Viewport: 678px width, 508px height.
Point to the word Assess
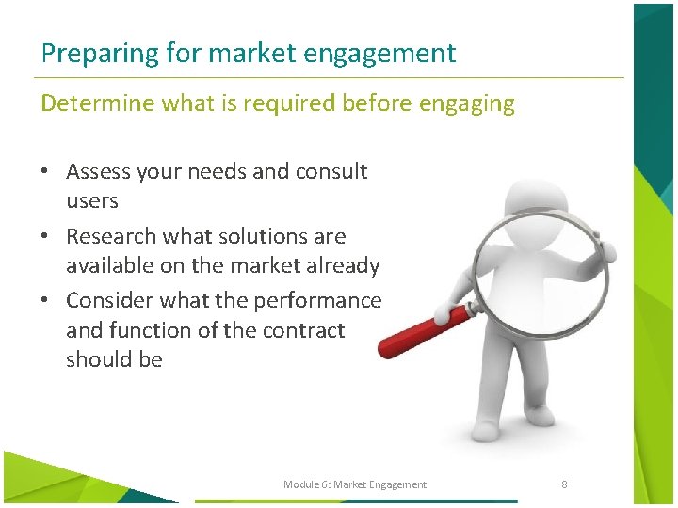tap(97, 172)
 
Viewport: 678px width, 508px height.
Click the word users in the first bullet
tap(91, 201)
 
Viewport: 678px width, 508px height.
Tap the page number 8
tap(563, 484)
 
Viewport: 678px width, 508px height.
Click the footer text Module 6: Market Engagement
tap(355, 484)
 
